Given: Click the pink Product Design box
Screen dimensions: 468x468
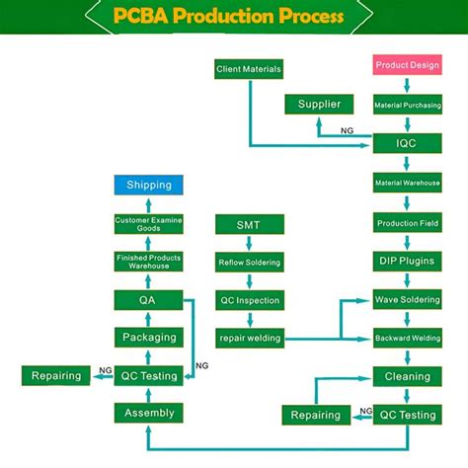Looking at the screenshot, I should pyautogui.click(x=407, y=66).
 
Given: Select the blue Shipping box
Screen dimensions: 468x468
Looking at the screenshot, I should pyautogui.click(x=149, y=185).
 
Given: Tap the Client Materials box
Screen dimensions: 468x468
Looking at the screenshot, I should pyautogui.click(x=249, y=69).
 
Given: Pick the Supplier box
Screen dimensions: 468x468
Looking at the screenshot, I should pyautogui.click(x=319, y=105).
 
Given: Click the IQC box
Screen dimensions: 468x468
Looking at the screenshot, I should pyautogui.click(x=407, y=144).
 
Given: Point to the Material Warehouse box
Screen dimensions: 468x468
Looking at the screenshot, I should pyautogui.click(x=407, y=184).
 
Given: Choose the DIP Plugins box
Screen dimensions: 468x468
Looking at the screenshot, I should pyautogui.click(x=407, y=262).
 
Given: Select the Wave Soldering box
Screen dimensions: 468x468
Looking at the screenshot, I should pyautogui.click(x=407, y=300).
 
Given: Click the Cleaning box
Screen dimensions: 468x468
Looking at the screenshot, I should pyautogui.click(x=407, y=376).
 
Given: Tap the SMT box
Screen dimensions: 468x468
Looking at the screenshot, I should pyautogui.click(x=249, y=224).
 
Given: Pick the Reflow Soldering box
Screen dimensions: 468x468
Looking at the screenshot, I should pyautogui.click(x=249, y=263).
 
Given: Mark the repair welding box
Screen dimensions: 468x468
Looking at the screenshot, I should pyautogui.click(x=249, y=339).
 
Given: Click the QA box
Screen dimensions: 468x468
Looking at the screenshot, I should pyautogui.click(x=149, y=299).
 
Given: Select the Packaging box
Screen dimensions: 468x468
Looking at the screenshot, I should pyautogui.click(x=149, y=338).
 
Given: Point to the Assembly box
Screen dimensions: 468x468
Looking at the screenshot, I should pyautogui.click(x=149, y=413).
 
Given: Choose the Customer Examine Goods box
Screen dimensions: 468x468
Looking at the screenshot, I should pyautogui.click(x=149, y=224).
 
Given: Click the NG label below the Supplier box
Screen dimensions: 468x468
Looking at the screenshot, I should pyautogui.click(x=348, y=129).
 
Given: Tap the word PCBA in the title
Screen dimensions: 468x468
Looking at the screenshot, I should pyautogui.click(x=145, y=17).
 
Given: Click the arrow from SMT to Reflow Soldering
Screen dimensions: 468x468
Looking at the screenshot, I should pyautogui.click(x=249, y=244).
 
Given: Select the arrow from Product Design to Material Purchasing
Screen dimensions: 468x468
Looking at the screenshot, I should pyautogui.click(x=407, y=85).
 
